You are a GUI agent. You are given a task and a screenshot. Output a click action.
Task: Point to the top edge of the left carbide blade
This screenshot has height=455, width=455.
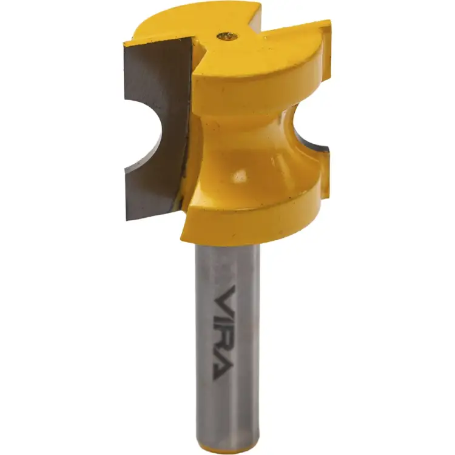click(158, 41)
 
